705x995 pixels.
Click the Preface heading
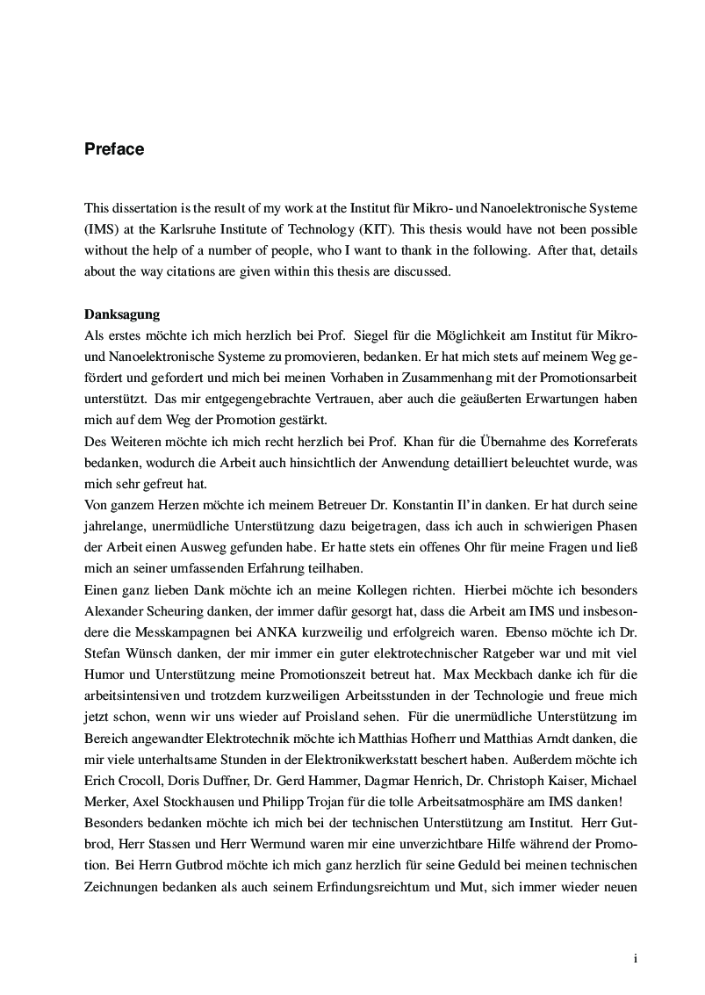click(x=114, y=149)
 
